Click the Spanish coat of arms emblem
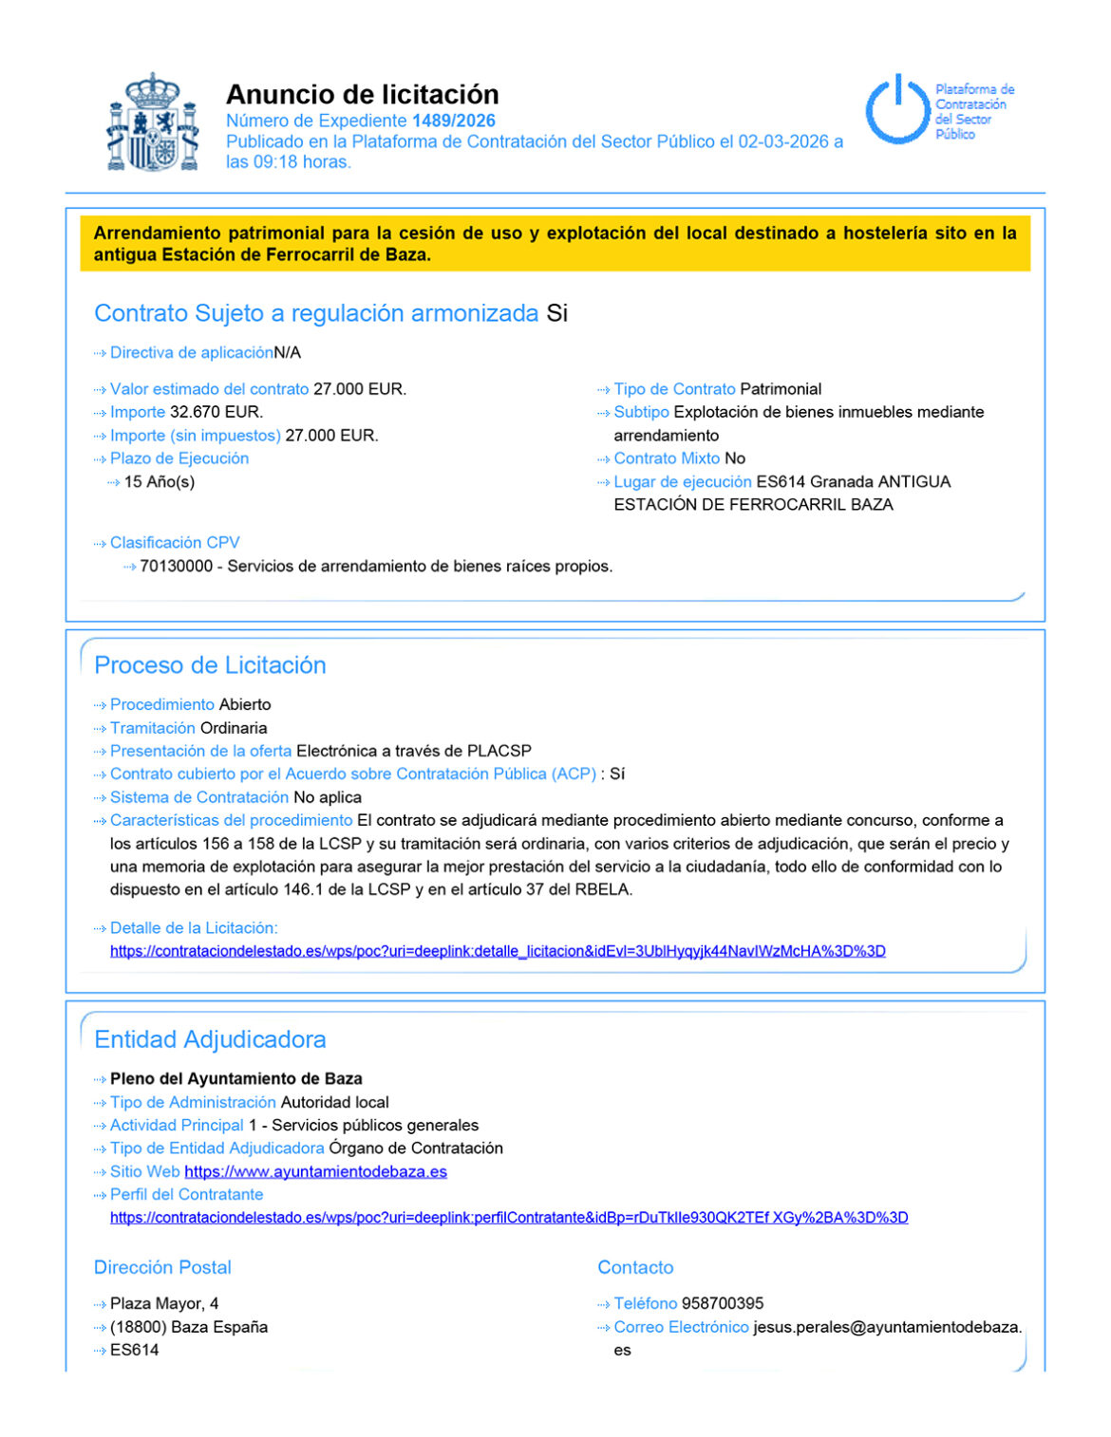coord(152,121)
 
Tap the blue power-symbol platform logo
coord(896,110)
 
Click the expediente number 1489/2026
coord(453,121)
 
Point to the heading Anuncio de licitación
coord(362,94)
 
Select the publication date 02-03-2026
coord(783,141)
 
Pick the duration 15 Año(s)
coord(160,481)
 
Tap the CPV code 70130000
coord(176,566)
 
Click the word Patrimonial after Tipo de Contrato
coord(781,389)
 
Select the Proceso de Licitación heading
coord(210,664)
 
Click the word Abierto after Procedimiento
coord(245,704)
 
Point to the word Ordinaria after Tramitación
coord(234,728)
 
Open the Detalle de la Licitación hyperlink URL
coord(498,951)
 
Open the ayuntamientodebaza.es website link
coord(315,1171)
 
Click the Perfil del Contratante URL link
coord(509,1217)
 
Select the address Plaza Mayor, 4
coord(164,1303)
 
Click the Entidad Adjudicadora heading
coord(210,1039)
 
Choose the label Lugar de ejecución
coord(682,481)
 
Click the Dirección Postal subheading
coord(162,1267)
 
